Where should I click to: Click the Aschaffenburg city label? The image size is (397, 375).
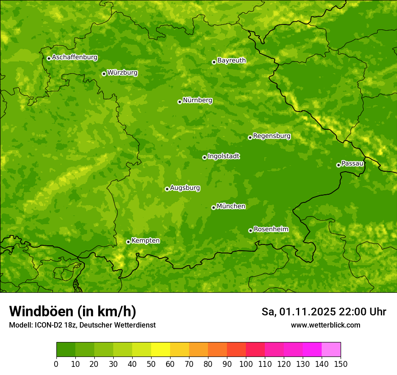coord(74,57)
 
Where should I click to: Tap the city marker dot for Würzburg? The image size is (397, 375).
coord(104,74)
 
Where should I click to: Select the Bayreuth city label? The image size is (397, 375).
coord(231,60)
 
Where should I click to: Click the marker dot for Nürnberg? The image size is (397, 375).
coord(180,102)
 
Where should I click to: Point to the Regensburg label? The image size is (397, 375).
coord(272,136)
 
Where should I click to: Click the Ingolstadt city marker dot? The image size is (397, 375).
coord(204,157)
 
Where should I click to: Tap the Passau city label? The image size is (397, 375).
coord(352,163)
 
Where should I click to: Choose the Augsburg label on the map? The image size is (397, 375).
coord(185,187)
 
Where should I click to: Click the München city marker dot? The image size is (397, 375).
coord(213,207)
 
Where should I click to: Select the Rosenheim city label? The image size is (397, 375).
coord(271,229)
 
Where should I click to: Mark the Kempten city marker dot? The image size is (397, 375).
coord(128,242)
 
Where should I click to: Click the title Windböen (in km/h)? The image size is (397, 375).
coord(72,311)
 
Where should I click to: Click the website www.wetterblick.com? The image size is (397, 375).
coord(325,325)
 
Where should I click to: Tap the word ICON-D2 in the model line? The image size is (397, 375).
coord(48,325)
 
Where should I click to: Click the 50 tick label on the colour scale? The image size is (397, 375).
coord(151,364)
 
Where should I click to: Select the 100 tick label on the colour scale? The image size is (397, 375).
coord(246,364)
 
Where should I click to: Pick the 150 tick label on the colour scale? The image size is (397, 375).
coord(341,364)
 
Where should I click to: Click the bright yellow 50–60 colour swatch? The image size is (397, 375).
coord(161,350)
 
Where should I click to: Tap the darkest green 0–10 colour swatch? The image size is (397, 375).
coord(66,350)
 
